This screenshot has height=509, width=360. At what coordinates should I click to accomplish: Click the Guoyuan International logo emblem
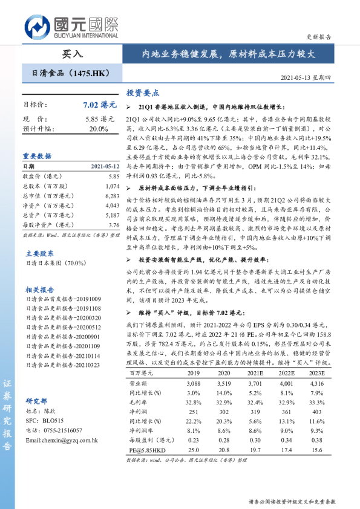pyautogui.click(x=38, y=27)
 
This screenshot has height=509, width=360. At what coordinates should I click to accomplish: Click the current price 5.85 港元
pyautogui.click(x=100, y=119)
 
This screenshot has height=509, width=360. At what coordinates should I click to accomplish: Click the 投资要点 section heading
pyautogui.click(x=142, y=93)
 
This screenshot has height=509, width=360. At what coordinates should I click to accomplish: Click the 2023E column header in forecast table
pyautogui.click(x=316, y=373)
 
